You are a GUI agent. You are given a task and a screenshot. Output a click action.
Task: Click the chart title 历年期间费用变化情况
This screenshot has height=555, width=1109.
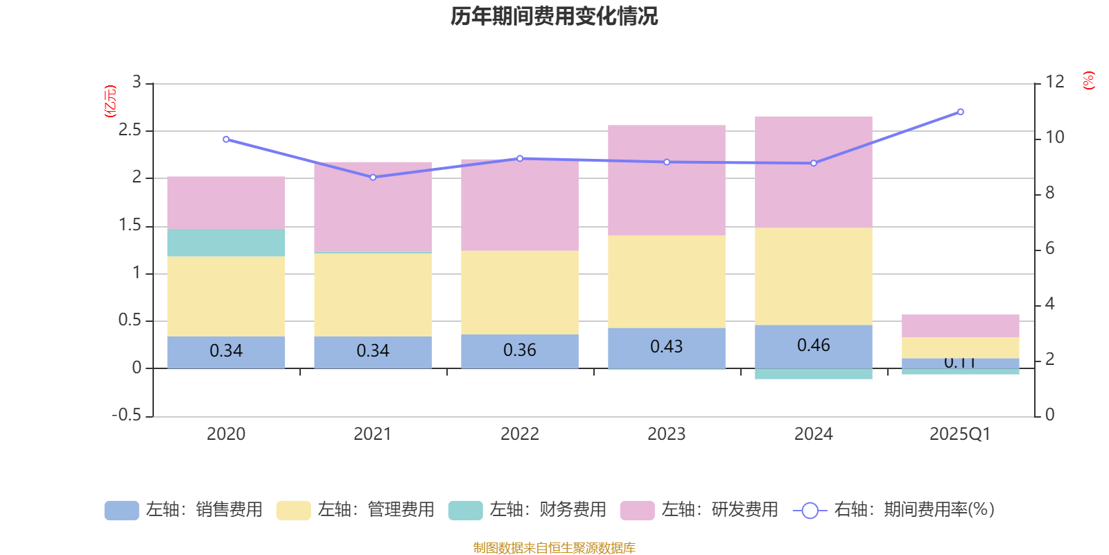[554, 16]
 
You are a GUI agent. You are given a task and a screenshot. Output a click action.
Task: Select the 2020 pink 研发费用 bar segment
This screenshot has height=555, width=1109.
[226, 202]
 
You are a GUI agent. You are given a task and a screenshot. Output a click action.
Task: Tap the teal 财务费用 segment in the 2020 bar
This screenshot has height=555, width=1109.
[226, 242]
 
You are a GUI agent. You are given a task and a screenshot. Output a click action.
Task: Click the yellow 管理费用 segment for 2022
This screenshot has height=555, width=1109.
[520, 292]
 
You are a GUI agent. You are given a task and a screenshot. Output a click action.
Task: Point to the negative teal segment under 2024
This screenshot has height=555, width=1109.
[813, 374]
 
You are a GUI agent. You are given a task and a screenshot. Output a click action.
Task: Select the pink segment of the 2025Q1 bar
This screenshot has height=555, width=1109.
[960, 325]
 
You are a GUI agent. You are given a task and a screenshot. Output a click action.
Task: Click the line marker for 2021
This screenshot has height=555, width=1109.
[373, 178]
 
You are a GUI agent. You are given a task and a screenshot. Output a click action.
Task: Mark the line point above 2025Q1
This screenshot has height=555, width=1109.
[960, 112]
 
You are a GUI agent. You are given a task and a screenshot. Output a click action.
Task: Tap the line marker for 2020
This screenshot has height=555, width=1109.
[226, 139]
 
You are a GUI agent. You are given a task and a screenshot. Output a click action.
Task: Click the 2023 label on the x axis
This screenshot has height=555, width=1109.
[666, 434]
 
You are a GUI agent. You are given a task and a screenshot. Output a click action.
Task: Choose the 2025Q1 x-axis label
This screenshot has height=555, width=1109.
[960, 434]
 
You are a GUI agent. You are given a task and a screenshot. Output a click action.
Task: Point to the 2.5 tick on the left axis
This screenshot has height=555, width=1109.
[130, 130]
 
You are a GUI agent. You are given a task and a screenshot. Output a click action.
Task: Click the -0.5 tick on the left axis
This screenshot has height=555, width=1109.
[127, 415]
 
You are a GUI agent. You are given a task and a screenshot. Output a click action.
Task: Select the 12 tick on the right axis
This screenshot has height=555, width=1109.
[1055, 82]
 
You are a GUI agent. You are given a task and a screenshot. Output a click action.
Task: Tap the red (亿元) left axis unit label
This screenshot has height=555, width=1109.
[110, 101]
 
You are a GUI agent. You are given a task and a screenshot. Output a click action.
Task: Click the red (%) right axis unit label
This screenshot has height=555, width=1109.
[1088, 80]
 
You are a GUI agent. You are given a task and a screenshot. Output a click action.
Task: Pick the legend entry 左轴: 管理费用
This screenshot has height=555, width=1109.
[355, 510]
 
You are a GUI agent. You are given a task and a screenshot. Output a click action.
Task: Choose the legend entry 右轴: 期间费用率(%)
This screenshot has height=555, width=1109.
[893, 510]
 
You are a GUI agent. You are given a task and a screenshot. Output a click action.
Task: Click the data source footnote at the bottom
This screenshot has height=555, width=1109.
[554, 548]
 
